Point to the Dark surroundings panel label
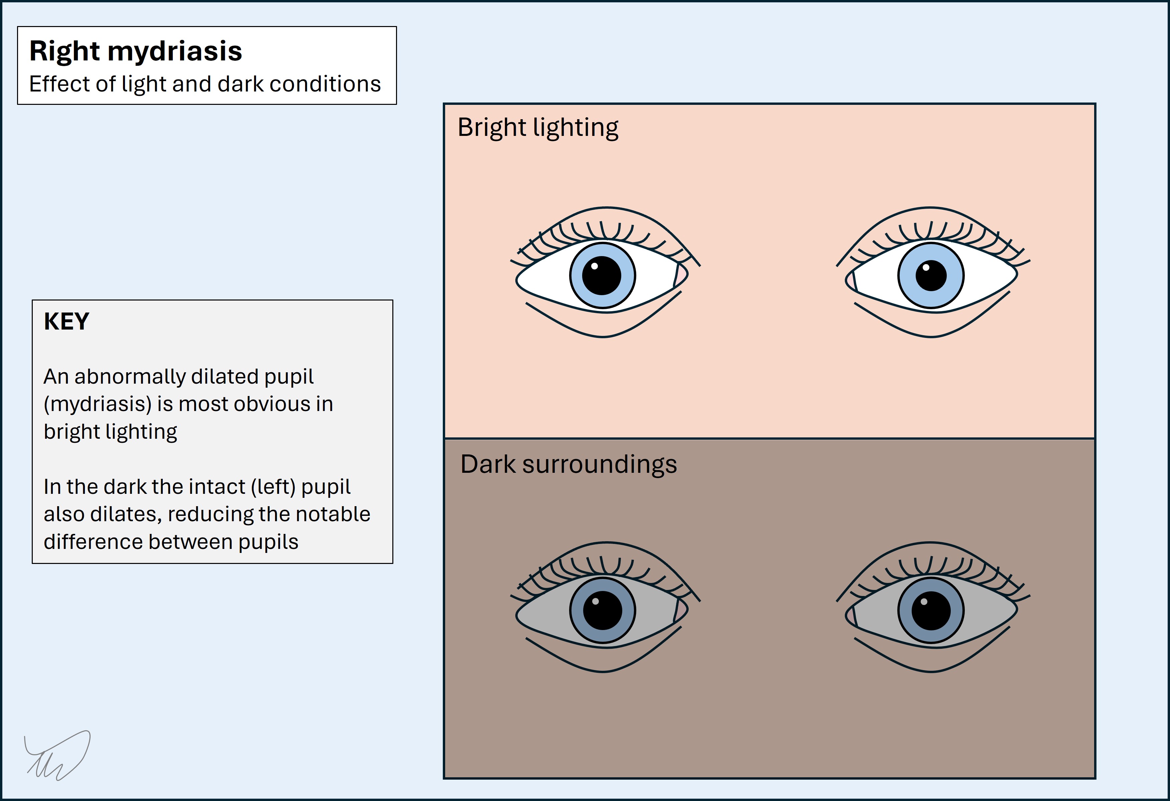[x=568, y=464]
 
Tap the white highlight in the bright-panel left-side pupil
[x=594, y=266]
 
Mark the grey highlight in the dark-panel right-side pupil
[x=924, y=601]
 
